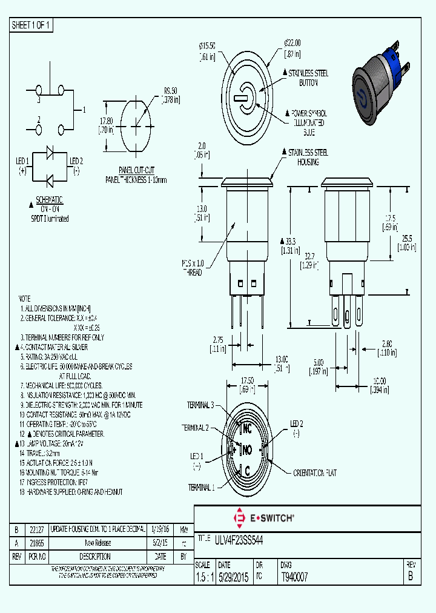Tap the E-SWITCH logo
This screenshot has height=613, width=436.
point(263,518)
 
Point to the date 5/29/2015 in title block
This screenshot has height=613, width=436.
point(233,577)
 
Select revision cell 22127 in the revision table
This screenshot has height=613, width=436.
point(37,529)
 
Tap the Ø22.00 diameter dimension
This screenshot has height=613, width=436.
point(292,43)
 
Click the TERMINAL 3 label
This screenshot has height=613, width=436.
point(200,405)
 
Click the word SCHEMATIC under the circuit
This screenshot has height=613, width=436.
point(50,199)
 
